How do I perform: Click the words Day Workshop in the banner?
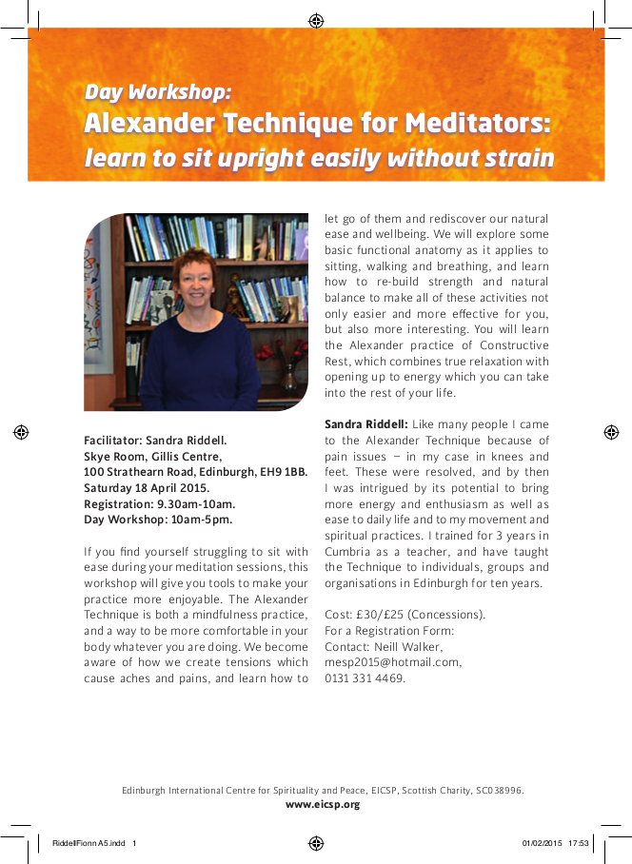coord(158,92)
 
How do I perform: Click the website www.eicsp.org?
coord(323,804)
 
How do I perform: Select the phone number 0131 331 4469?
coord(365,678)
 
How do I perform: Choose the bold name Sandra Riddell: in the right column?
coord(366,423)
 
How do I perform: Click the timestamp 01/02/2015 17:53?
coord(556,842)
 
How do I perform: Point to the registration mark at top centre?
coord(316,20)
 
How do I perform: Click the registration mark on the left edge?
coord(21,432)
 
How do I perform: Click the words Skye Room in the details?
coord(113,456)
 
